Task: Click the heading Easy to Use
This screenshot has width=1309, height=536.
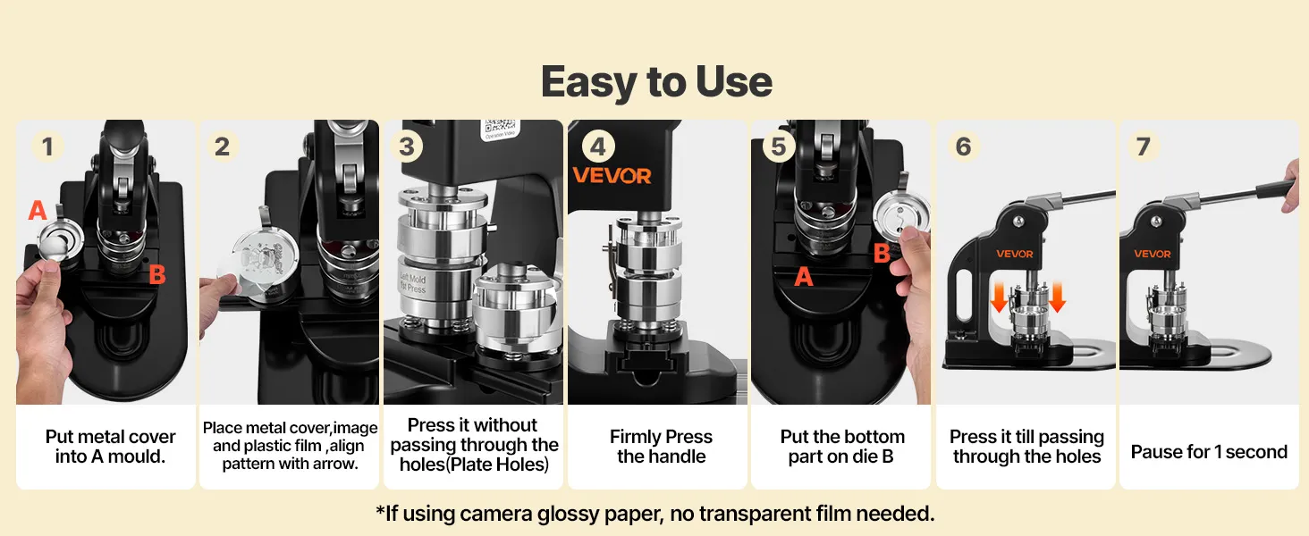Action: tap(656, 82)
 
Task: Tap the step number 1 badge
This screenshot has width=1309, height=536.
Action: tap(48, 146)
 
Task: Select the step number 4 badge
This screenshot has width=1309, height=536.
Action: tap(598, 146)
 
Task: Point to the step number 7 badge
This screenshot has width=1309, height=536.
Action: tap(1143, 146)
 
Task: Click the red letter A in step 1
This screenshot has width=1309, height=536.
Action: tap(38, 210)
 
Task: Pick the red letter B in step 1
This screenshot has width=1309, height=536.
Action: tap(157, 274)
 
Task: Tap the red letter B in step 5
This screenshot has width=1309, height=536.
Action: tap(882, 254)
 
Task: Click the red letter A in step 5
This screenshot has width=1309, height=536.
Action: tap(804, 276)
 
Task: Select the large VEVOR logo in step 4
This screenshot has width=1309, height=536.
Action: tap(612, 176)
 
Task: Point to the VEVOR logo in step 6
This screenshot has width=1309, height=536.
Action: tap(1015, 254)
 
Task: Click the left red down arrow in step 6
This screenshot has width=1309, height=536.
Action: tap(999, 297)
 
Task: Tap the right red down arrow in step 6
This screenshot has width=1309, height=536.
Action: tap(1057, 297)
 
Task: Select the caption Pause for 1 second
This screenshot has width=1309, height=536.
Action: tap(1209, 452)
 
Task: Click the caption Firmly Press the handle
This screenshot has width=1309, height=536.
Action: tap(661, 447)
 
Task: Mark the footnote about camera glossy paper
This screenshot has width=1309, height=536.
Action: tap(655, 514)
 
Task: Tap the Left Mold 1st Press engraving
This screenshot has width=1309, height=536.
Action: tap(413, 283)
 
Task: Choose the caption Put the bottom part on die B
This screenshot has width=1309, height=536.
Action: tap(842, 447)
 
